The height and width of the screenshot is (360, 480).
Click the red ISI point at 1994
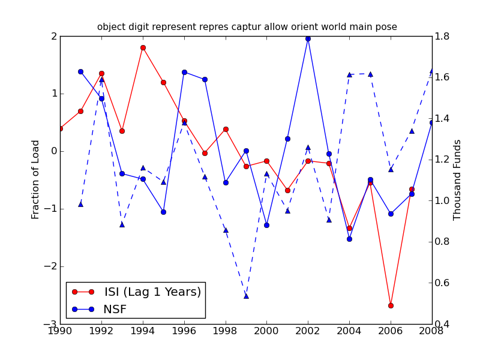pyautogui.click(x=143, y=47)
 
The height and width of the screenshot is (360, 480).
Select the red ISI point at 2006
pyautogui.click(x=391, y=305)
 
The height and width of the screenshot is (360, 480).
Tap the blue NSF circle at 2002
pyautogui.click(x=308, y=38)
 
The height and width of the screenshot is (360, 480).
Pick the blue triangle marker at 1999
pyautogui.click(x=246, y=295)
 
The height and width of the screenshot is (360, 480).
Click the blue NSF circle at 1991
pyautogui.click(x=80, y=71)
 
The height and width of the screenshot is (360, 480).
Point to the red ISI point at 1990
pyautogui.click(x=60, y=128)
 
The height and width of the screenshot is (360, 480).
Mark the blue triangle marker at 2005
pyautogui.click(x=370, y=74)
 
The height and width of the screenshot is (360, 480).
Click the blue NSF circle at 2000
pyautogui.click(x=266, y=225)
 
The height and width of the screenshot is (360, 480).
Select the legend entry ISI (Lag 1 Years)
pyautogui.click(x=152, y=292)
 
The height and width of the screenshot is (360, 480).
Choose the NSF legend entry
pyautogui.click(x=115, y=310)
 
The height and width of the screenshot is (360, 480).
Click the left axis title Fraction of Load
pyautogui.click(x=36, y=179)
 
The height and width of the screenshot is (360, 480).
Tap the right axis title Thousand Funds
pyautogui.click(x=458, y=179)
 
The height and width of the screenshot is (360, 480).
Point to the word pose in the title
pyautogui.click(x=387, y=27)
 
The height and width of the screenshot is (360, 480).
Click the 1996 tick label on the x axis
pyautogui.click(x=184, y=331)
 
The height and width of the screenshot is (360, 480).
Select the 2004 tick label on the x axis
pyautogui.click(x=349, y=331)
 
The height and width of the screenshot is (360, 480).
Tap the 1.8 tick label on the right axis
pyautogui.click(x=443, y=36)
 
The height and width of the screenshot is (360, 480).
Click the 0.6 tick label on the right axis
pyautogui.click(x=443, y=283)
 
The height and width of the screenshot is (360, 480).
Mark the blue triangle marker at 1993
pyautogui.click(x=122, y=224)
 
